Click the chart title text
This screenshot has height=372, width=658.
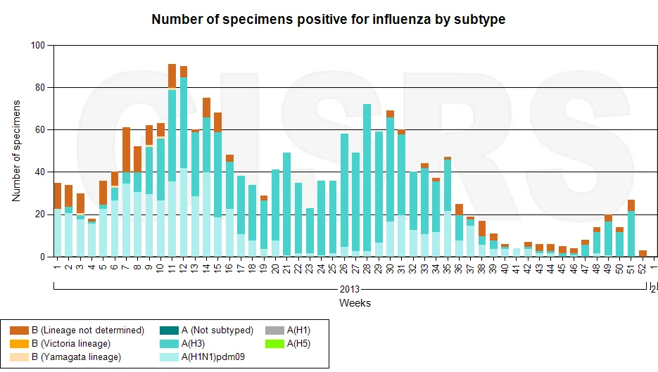coord(328,19)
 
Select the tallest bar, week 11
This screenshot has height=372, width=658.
coord(172,160)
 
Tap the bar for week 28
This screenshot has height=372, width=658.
coord(367,180)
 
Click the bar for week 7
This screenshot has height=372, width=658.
coord(126,192)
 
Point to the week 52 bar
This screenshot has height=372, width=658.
coord(643,253)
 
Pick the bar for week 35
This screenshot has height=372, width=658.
coord(448,207)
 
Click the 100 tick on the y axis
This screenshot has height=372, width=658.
coord(38,45)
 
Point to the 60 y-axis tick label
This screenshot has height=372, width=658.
coord(40,130)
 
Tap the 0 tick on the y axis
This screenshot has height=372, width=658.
coord(42,257)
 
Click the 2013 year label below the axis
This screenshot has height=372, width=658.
coord(350,290)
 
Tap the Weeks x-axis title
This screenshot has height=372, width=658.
coord(355,303)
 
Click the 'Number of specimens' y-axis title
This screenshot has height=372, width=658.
coord(16,151)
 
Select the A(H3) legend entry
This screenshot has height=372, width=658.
coord(182,343)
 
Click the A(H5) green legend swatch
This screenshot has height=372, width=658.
coord(274,344)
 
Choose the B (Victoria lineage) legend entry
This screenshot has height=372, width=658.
coord(61,343)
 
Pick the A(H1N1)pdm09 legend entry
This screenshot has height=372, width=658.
coord(202,357)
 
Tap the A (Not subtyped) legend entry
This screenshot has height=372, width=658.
coord(206,330)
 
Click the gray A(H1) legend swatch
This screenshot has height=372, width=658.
coord(274,331)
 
